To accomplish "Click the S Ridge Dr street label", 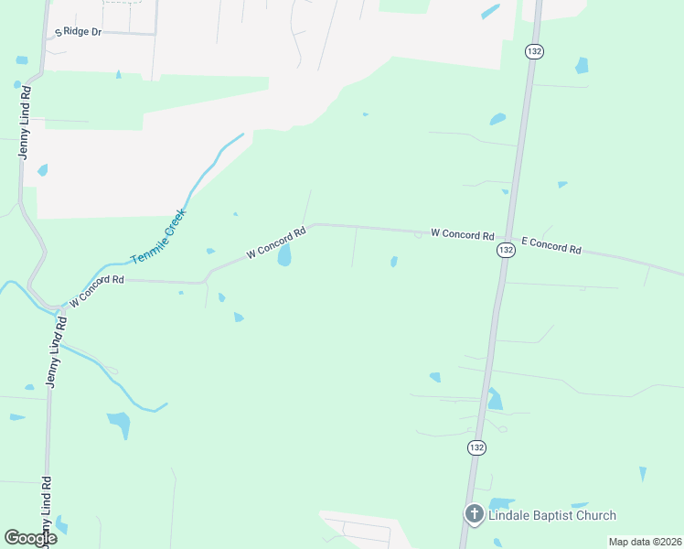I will [78, 31].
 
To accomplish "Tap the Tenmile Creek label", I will [158, 236].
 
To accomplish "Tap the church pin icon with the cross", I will [474, 514].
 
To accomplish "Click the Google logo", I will [31, 538].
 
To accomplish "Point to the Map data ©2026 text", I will [644, 542].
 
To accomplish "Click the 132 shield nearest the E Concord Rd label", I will [506, 250].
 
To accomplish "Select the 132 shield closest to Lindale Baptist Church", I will [476, 447].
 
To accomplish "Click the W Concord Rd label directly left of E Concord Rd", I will [462, 234].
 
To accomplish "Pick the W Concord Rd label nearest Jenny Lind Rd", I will [96, 290].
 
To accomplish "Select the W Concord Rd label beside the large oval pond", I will [275, 242].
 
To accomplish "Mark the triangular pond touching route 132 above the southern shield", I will [494, 399].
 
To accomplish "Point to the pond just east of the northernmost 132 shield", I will [581, 65].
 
